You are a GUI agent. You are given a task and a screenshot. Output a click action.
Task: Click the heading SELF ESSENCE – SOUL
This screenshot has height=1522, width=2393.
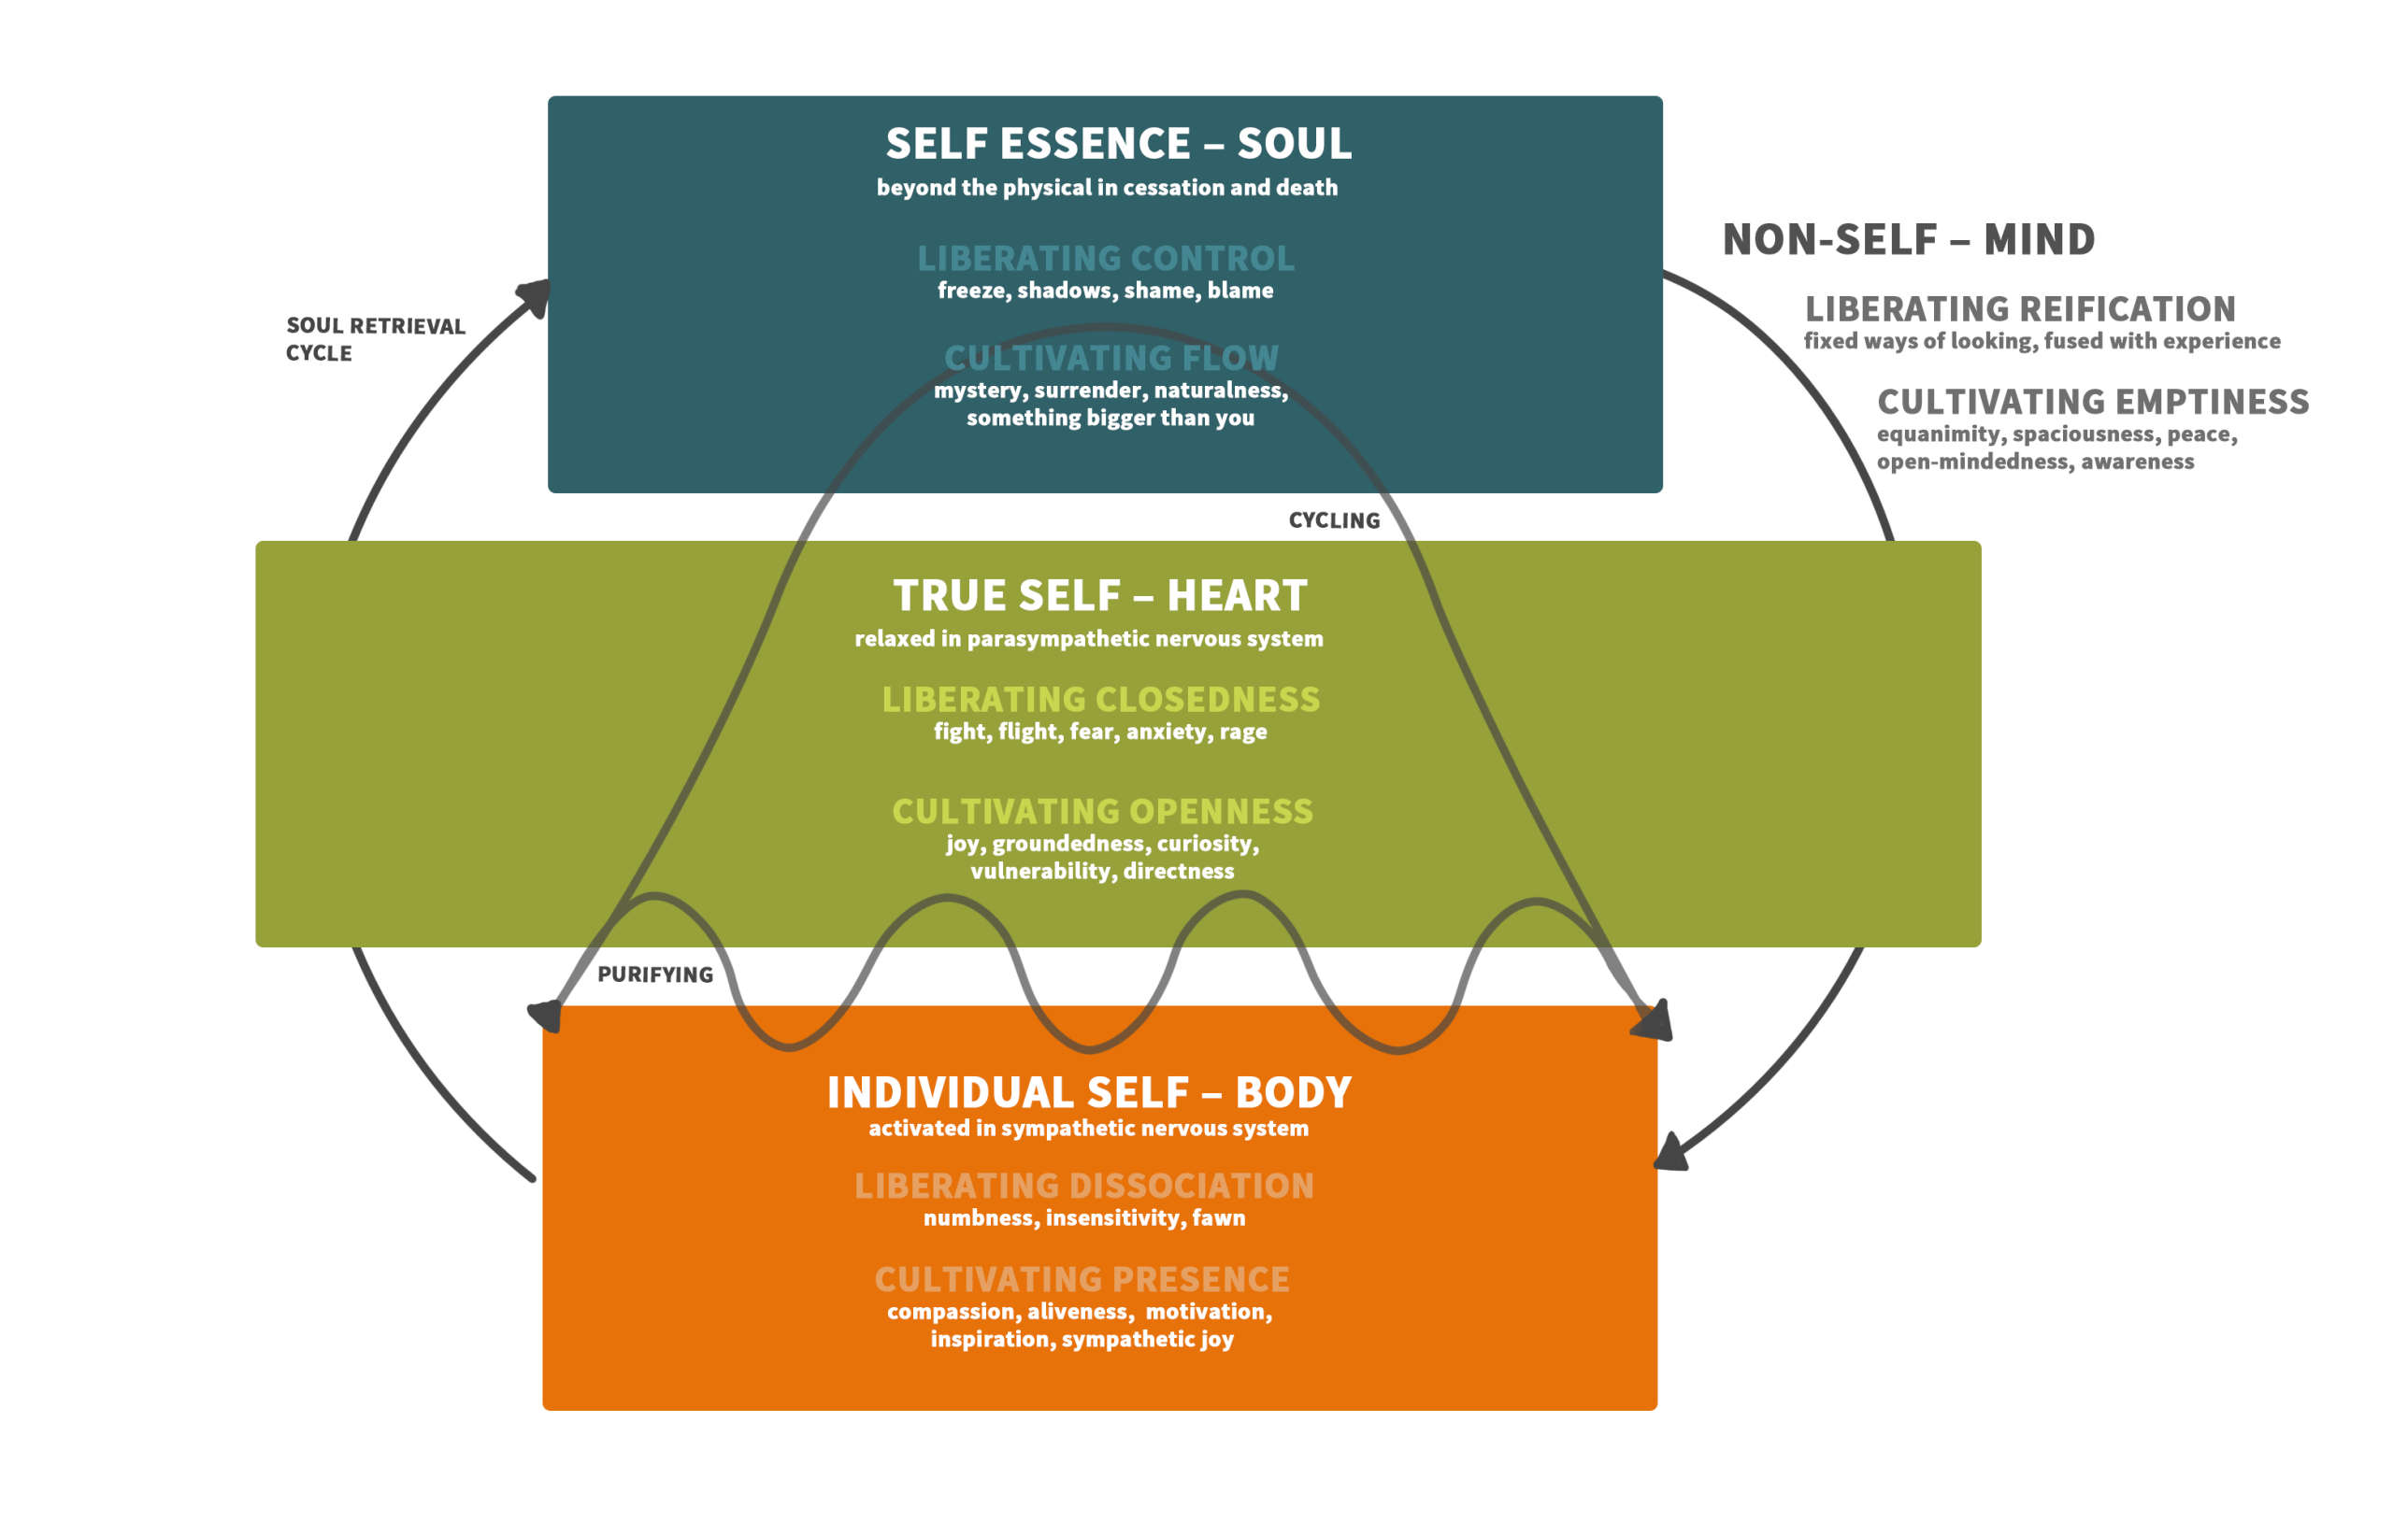(1118, 145)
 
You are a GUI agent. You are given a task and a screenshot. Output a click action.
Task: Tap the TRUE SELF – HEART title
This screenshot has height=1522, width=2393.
(1100, 596)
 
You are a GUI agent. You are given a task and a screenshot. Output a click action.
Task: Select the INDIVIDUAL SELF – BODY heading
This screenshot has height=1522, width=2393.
(1089, 1093)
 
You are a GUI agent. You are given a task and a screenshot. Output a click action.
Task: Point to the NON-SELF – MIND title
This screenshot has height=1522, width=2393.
(1908, 240)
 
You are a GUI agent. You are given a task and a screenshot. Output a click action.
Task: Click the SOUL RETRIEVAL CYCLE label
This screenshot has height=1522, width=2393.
(375, 340)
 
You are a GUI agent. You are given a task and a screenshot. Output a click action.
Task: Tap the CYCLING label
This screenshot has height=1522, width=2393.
(1334, 521)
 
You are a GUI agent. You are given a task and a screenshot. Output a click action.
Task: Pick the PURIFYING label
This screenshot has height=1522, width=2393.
(655, 974)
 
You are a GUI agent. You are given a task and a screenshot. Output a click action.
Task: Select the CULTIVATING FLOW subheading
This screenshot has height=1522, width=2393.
(1111, 359)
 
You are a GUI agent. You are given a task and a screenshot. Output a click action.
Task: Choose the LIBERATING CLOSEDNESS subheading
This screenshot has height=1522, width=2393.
(1101, 701)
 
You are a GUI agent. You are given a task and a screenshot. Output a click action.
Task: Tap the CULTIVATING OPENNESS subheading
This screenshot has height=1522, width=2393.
(1102, 812)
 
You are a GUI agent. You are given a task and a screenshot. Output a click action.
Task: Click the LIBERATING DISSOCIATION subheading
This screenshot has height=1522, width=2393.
(1084, 1187)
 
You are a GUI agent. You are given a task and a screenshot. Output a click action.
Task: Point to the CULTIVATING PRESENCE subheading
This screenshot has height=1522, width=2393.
(1082, 1280)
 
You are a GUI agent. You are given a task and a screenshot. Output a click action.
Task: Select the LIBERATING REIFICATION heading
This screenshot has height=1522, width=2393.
(2020, 310)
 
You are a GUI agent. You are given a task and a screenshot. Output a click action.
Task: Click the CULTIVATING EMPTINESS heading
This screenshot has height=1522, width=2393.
(2093, 403)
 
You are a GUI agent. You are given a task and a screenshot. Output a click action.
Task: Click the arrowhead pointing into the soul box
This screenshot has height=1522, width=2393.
(536, 295)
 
